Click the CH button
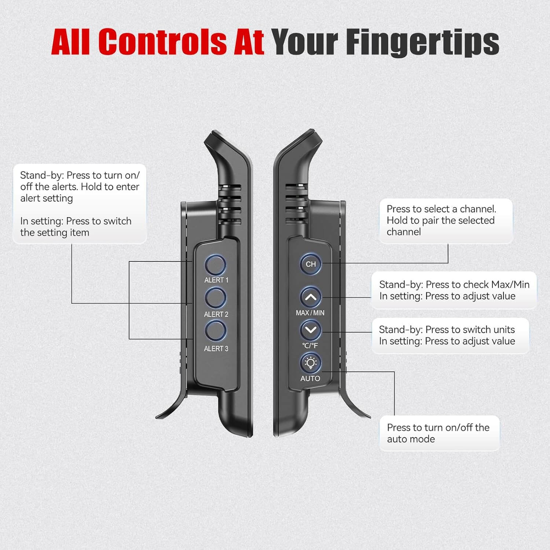click(x=311, y=264)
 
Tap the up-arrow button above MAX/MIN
click(x=311, y=297)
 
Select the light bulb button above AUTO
click(x=311, y=363)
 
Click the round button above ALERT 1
click(x=216, y=265)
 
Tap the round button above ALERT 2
click(x=216, y=298)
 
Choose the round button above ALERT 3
click(x=216, y=331)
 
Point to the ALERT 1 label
click(x=216, y=280)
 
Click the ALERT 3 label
click(x=216, y=349)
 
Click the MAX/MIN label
click(x=310, y=313)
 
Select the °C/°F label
click(x=310, y=345)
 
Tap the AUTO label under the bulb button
click(x=310, y=378)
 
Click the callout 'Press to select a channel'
click(x=446, y=221)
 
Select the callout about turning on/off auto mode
click(x=439, y=433)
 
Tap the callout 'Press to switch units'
click(x=451, y=335)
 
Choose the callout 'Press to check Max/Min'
click(x=454, y=290)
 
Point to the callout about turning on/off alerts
click(x=80, y=204)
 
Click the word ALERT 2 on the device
click(x=216, y=314)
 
